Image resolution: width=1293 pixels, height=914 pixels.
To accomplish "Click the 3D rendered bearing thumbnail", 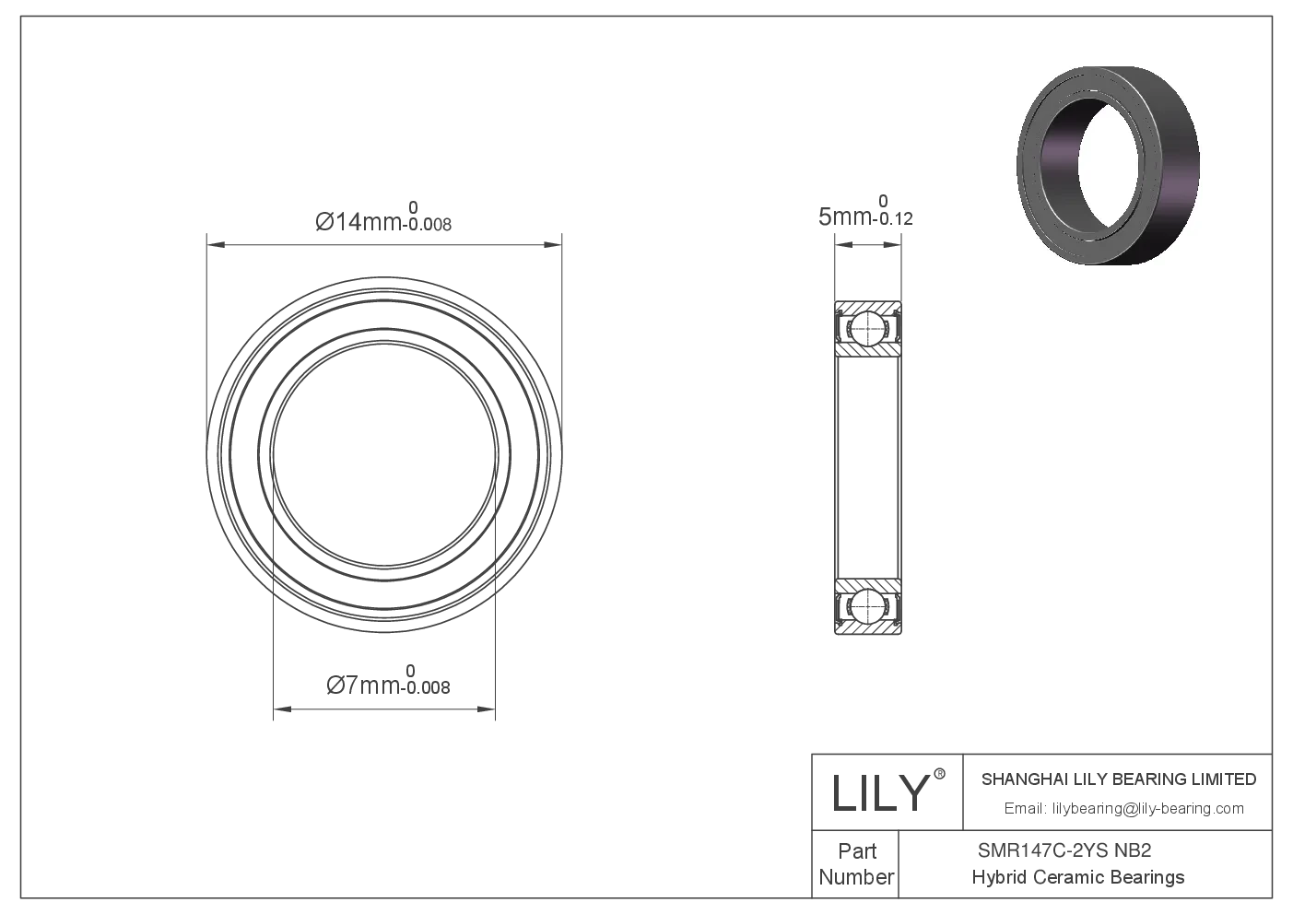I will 1109,166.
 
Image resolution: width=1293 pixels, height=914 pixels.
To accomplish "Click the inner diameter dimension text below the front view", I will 387,686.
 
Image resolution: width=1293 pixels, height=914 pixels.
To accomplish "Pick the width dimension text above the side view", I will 866,216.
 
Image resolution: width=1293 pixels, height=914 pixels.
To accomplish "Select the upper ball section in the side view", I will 868,327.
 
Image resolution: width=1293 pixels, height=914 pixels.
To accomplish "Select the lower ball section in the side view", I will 868,607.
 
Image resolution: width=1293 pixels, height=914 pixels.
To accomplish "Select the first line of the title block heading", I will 1119,779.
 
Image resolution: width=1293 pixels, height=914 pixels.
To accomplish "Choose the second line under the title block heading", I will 1123,810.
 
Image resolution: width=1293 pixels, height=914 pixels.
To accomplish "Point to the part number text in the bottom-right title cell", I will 1064,851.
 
